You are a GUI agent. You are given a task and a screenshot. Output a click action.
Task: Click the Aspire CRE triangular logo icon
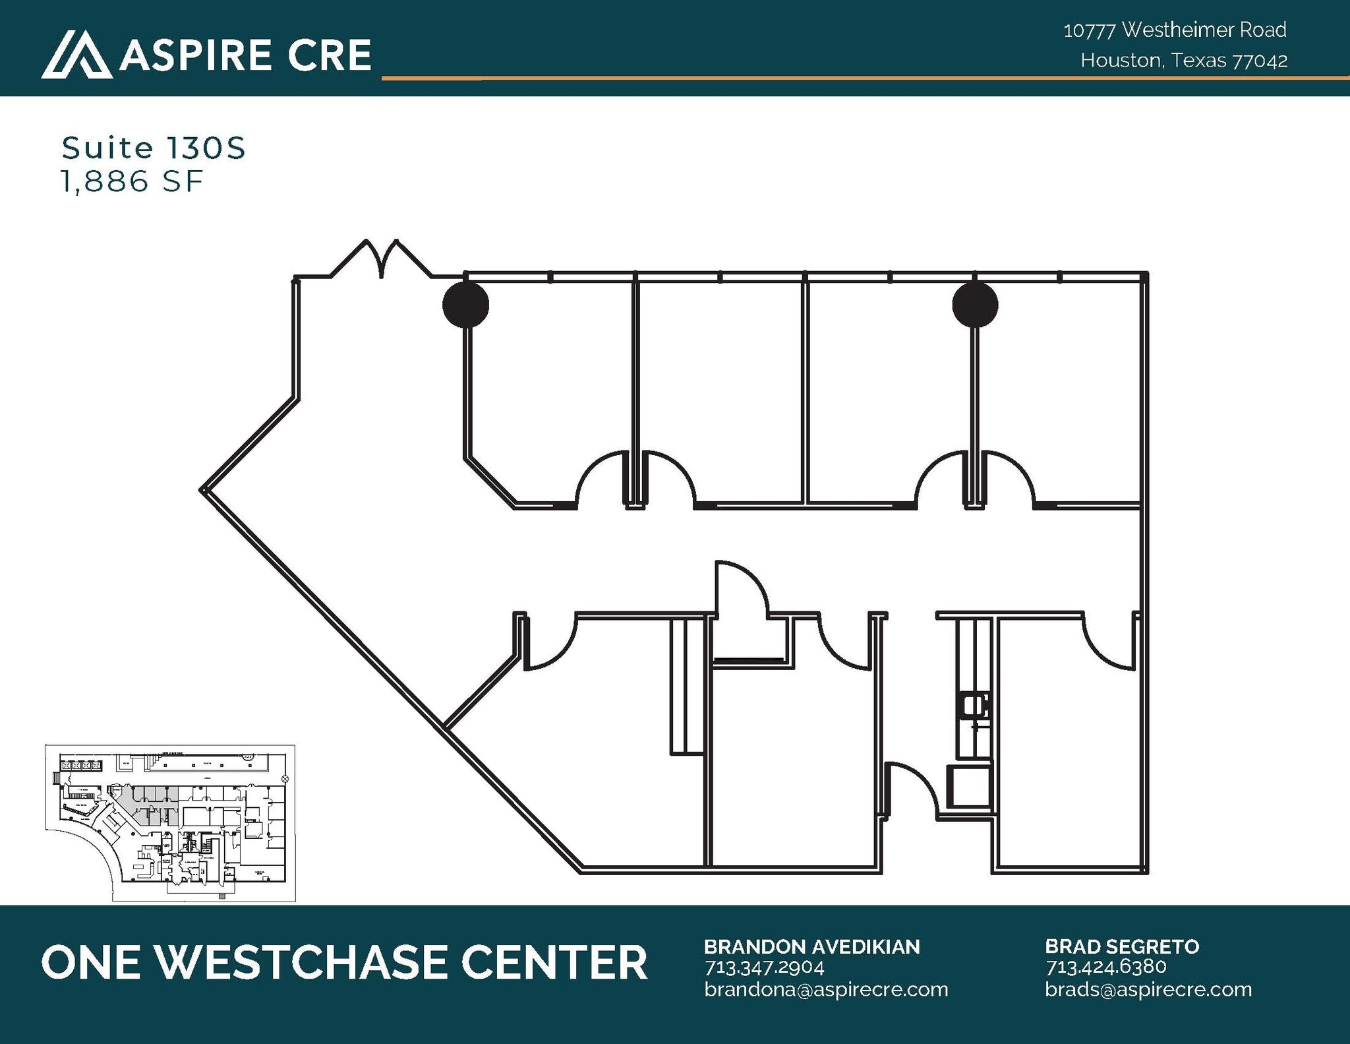(x=76, y=55)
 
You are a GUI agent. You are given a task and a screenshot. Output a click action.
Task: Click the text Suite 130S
(x=154, y=148)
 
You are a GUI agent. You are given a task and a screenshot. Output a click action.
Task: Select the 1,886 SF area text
(x=132, y=182)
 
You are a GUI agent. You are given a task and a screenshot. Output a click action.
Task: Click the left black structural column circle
(x=465, y=304)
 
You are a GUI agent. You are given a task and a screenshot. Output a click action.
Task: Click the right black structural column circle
(x=975, y=304)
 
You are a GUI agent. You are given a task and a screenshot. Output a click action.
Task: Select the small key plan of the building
(x=170, y=822)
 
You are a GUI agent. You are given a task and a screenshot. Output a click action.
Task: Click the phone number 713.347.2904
(x=764, y=967)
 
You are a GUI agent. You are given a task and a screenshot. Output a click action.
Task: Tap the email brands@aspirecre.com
(x=1148, y=989)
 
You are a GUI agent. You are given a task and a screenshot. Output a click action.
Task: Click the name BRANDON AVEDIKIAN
(x=811, y=947)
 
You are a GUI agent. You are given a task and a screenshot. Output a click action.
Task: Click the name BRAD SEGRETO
(x=1122, y=947)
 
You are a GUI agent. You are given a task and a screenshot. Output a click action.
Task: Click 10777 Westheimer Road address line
(x=1175, y=30)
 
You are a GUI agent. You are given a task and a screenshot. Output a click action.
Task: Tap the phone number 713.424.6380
(x=1105, y=967)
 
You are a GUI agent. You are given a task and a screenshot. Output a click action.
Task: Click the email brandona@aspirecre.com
(x=825, y=989)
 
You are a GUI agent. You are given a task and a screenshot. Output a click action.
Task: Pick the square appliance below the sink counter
(x=969, y=786)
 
